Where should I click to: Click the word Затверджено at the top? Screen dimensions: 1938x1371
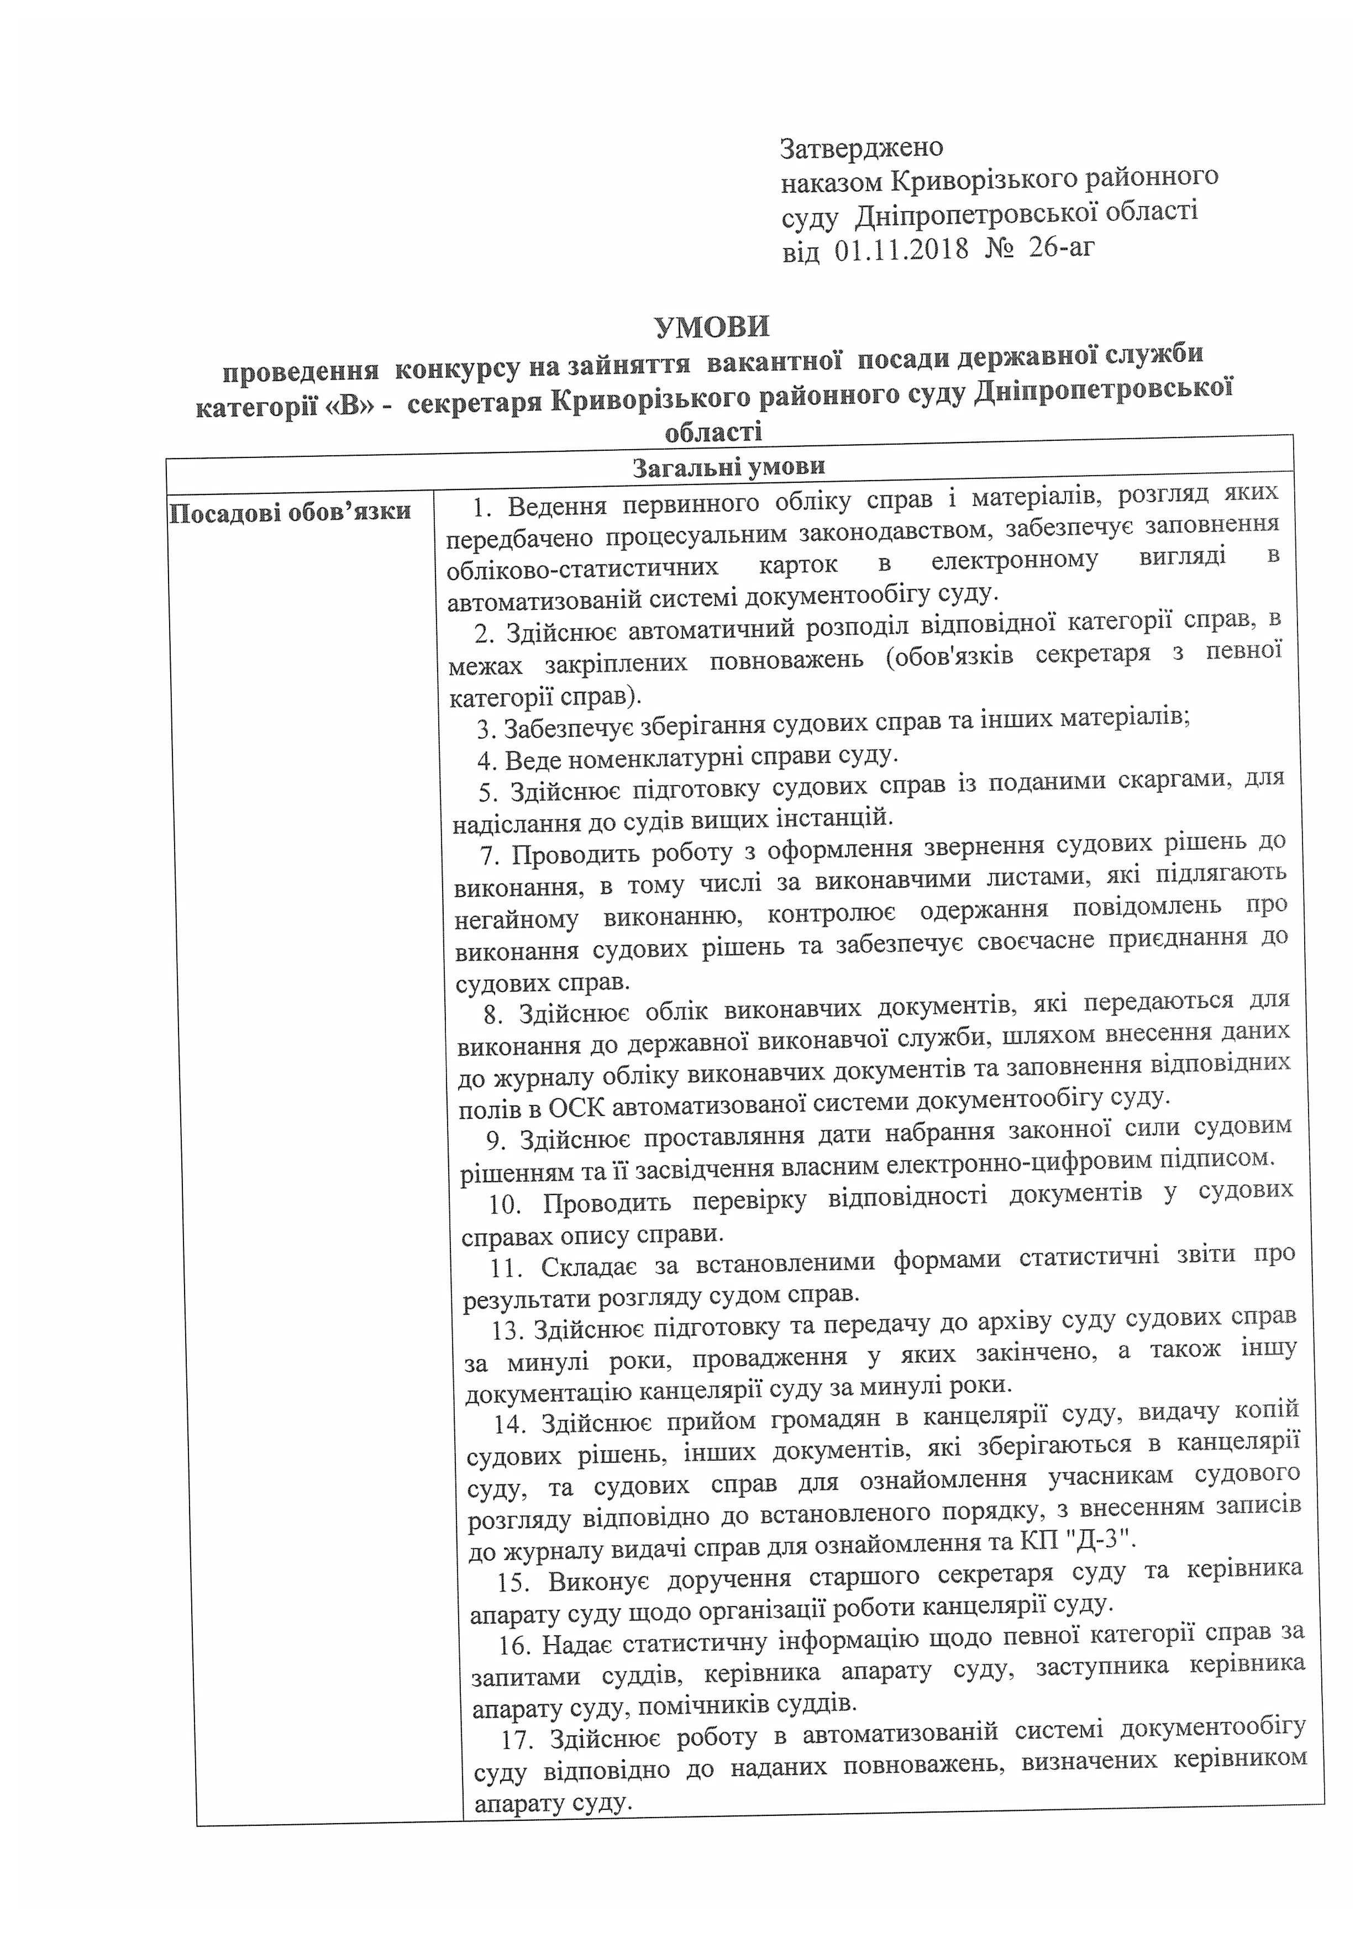[x=861, y=148]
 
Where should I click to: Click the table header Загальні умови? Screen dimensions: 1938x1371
[x=728, y=466]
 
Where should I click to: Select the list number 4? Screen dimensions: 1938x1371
[x=485, y=761]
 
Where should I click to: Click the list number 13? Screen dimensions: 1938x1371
[x=509, y=1331]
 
